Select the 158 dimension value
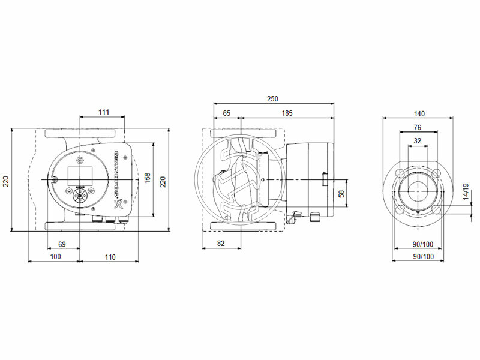(x=148, y=179)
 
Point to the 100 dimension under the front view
(x=55, y=257)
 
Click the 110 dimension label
(x=109, y=257)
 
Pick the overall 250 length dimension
(x=273, y=99)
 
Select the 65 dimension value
(x=227, y=113)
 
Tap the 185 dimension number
(x=287, y=113)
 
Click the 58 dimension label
(x=342, y=194)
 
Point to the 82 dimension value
(x=220, y=244)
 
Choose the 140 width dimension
(x=419, y=113)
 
